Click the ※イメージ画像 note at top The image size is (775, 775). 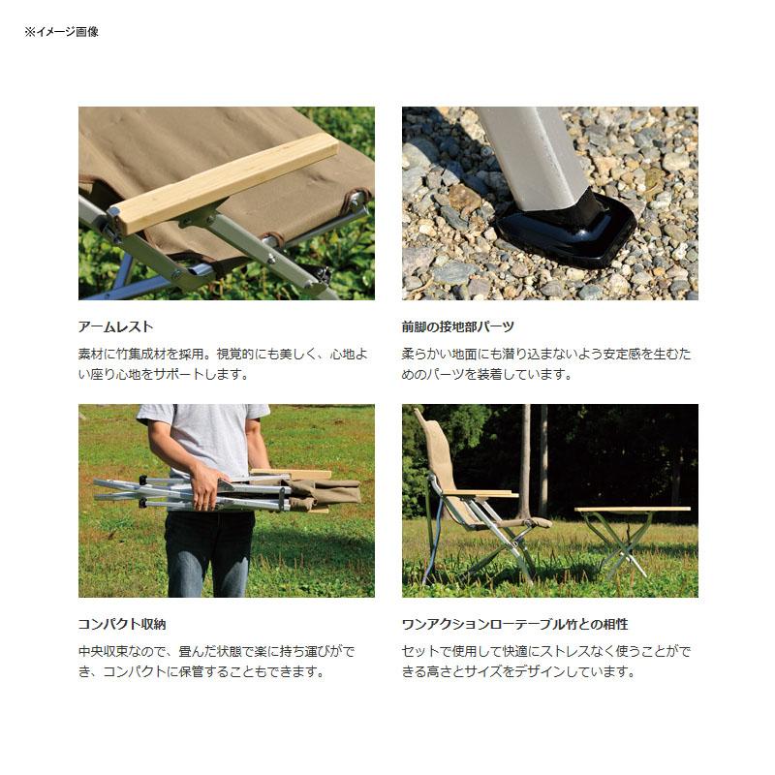(61, 32)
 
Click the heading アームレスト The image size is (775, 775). (115, 327)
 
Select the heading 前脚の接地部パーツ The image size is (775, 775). (457, 327)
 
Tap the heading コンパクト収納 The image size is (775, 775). (129, 625)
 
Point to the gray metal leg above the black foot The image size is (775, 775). (533, 155)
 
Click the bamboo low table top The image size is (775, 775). (632, 509)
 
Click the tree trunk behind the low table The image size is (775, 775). (525, 455)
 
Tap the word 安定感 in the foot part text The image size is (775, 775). (620, 355)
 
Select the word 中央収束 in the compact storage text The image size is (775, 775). (108, 652)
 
